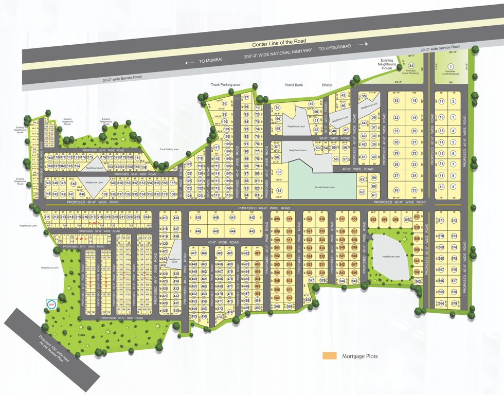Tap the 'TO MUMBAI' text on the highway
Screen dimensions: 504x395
(211, 61)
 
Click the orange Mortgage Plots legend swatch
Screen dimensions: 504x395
(329, 356)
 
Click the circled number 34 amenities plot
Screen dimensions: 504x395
(411, 66)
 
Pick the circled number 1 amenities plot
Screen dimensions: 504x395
(451, 66)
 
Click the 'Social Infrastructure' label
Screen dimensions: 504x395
(322, 187)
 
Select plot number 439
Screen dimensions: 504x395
(198, 218)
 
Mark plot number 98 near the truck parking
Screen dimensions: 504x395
(224, 103)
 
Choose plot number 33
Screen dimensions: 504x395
(397, 101)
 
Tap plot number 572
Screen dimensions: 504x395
(454, 221)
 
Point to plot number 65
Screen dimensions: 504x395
(279, 172)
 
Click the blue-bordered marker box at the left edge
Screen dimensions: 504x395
(51, 305)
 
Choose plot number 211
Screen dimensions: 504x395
(47, 218)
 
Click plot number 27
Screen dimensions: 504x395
(397, 175)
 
